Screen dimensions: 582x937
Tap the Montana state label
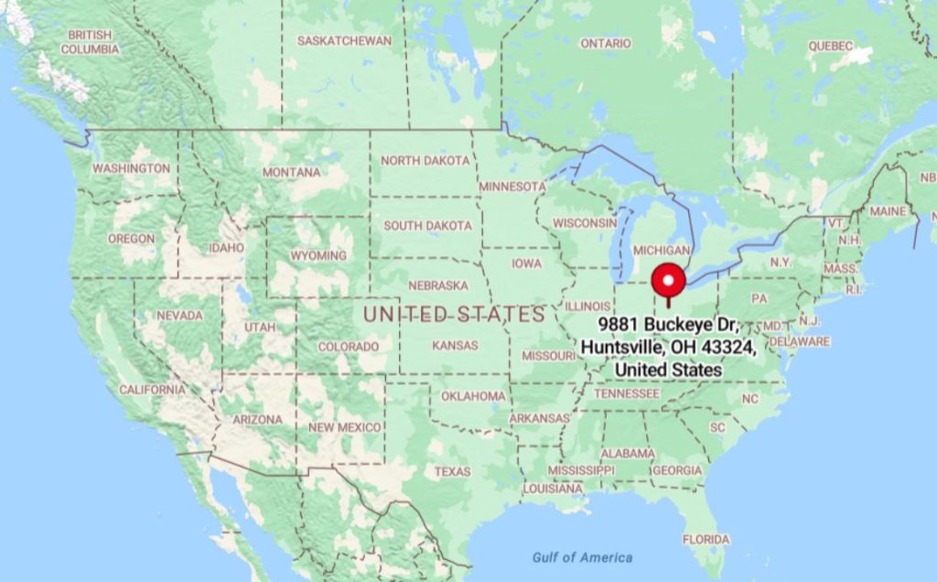click(291, 172)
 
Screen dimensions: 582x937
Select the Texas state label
click(452, 471)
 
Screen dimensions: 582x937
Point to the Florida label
click(705, 538)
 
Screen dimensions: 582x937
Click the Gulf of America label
click(582, 557)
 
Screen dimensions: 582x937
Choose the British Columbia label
click(90, 42)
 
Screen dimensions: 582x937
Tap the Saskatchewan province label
click(344, 40)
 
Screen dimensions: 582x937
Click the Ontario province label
click(605, 43)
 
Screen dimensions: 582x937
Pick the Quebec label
click(830, 46)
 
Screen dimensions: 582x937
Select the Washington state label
click(131, 168)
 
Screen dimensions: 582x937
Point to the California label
click(152, 389)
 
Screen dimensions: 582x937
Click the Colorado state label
click(348, 347)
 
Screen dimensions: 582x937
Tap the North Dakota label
click(425, 160)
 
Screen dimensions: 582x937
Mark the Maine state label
click(888, 210)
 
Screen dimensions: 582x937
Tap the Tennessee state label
click(627, 393)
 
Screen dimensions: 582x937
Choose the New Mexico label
click(344, 427)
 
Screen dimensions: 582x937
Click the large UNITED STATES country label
click(454, 315)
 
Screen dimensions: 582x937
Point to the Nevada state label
click(179, 315)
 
